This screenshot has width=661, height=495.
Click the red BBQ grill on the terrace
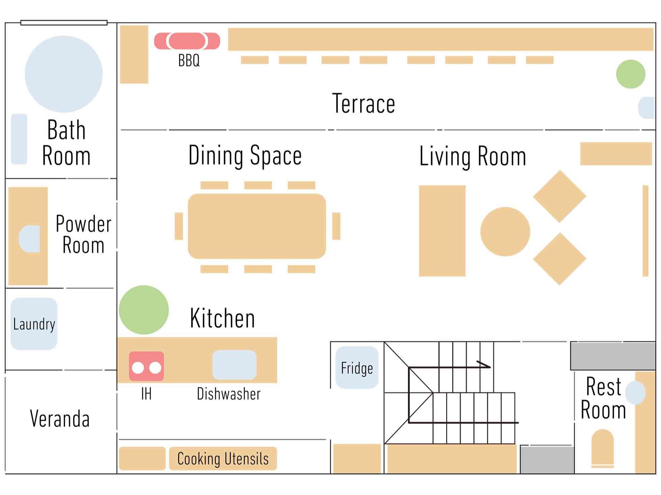tap(187, 41)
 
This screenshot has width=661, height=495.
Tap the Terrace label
tap(364, 103)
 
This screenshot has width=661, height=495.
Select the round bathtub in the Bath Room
tap(64, 74)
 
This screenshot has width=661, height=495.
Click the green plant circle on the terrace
tap(631, 74)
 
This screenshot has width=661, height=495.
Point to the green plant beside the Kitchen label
tap(144, 310)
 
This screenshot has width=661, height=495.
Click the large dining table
tap(257, 226)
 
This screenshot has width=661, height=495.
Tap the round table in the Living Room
tap(505, 232)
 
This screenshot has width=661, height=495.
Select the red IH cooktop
tap(146, 366)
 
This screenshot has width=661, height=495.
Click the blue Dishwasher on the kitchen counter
tap(234, 365)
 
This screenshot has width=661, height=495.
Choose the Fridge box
tap(357, 367)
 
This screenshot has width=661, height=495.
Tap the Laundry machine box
tap(34, 324)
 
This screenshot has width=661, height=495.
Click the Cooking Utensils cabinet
tap(223, 458)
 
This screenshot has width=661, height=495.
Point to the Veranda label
tap(60, 419)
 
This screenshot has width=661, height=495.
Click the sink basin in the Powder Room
tap(29, 239)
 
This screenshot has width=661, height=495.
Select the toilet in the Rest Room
tap(603, 448)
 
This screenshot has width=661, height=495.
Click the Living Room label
tap(472, 156)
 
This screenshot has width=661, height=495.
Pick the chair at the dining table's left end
tap(179, 226)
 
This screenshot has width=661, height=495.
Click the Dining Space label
tap(245, 156)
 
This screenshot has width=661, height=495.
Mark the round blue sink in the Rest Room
tap(635, 393)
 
